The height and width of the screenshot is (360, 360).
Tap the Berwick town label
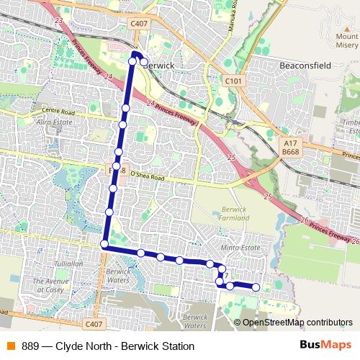coord(160,64)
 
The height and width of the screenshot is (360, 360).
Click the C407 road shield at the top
coord(139,24)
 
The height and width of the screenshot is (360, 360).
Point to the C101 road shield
coord(233,81)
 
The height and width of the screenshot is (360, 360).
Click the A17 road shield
coord(290,143)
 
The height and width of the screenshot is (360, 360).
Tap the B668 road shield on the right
coord(290,152)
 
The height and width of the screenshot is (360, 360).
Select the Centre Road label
coord(58,112)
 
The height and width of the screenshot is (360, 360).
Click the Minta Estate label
coord(240,247)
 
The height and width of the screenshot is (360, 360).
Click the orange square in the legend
coord(10,346)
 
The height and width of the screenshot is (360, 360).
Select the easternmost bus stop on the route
coord(256,287)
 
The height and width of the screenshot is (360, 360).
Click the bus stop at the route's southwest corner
coord(104,245)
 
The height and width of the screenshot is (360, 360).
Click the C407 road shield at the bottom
coord(93,325)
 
